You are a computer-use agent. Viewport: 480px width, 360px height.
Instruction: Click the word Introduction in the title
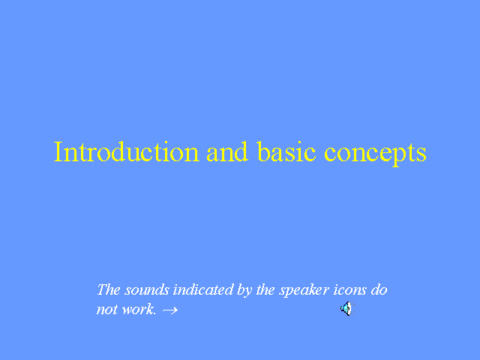127,151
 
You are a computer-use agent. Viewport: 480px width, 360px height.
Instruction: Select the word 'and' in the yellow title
226,151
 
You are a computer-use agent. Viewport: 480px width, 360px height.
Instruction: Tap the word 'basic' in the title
286,151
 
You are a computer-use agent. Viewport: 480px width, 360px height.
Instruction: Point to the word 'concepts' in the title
375,154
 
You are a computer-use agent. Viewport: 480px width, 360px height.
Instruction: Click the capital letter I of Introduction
58,151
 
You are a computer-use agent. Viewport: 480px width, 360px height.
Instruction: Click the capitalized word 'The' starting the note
108,289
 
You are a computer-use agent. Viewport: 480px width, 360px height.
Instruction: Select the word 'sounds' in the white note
147,290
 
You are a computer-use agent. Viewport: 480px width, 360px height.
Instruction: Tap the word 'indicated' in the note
203,289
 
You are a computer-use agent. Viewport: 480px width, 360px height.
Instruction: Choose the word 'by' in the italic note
244,291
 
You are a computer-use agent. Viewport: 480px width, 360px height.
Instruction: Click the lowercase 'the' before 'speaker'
265,289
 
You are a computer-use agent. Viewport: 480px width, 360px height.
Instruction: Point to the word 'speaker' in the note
304,291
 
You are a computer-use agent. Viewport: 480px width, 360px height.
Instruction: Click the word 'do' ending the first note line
379,289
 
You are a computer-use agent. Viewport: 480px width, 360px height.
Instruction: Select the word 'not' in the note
107,310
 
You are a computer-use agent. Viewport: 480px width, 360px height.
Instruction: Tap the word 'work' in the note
137,309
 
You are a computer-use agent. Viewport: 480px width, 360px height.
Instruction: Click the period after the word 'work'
154,313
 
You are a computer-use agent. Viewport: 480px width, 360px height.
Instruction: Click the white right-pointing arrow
170,310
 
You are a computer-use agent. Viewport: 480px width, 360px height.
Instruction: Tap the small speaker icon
348,308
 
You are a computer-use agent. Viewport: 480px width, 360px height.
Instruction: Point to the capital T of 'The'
102,289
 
